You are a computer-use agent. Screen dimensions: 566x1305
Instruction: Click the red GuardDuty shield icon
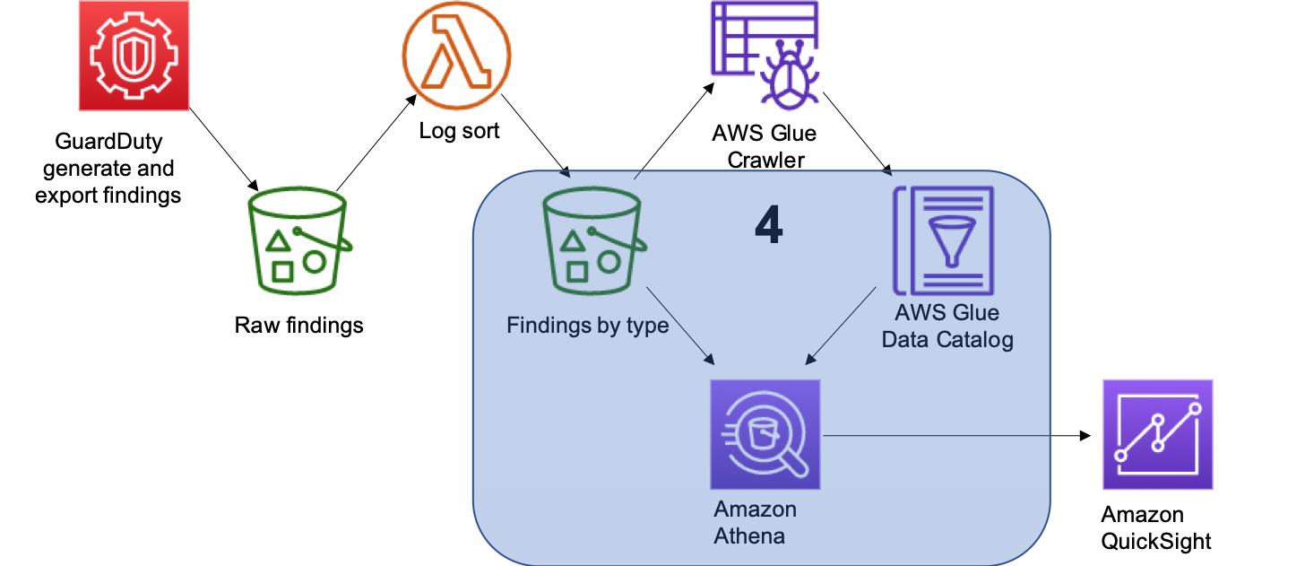click(134, 54)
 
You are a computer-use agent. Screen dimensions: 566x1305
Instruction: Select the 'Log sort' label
click(459, 131)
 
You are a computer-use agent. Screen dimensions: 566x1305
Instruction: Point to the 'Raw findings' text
click(298, 325)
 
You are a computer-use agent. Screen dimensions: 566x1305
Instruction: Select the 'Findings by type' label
click(587, 325)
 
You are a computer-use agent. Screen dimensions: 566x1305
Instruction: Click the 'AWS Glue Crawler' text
click(764, 146)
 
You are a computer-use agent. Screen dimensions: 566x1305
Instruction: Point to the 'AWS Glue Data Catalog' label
click(946, 327)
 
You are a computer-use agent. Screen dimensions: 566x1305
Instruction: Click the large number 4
click(768, 227)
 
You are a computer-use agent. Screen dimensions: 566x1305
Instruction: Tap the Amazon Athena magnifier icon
click(765, 434)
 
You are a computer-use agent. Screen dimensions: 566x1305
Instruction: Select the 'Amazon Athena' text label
click(755, 523)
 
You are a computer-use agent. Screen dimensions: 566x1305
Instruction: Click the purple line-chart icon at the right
click(1157, 434)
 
